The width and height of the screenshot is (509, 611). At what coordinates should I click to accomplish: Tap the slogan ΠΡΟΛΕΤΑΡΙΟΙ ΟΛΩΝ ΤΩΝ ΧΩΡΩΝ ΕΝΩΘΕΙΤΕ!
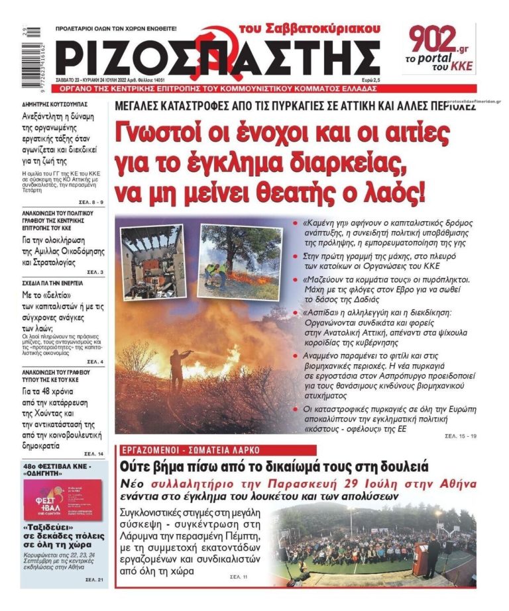click(116, 29)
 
